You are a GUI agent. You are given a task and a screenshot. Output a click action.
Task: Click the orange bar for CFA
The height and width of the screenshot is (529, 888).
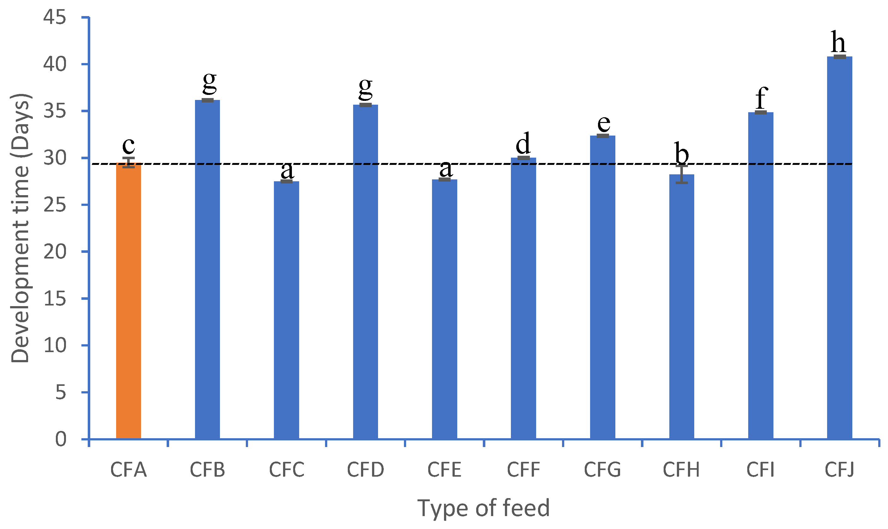(x=128, y=301)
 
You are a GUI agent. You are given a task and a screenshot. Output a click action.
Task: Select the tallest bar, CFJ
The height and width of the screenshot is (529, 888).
(x=839, y=248)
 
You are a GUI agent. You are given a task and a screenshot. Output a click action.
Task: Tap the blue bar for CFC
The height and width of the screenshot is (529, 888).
(x=287, y=310)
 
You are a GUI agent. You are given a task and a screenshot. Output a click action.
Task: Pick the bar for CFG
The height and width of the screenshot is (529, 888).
(x=603, y=287)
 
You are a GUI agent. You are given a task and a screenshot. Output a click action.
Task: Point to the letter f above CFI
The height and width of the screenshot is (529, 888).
(x=761, y=98)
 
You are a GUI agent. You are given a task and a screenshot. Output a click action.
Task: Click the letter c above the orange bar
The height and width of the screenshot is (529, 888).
(x=128, y=145)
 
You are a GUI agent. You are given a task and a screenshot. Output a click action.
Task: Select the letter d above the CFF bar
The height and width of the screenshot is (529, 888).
(x=523, y=144)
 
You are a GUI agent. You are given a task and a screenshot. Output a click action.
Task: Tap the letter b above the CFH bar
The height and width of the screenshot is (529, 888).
(x=681, y=153)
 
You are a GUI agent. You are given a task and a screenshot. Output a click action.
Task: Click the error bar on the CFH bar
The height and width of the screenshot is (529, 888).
(x=681, y=174)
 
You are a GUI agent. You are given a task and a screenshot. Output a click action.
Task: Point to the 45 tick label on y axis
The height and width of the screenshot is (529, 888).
(x=55, y=17)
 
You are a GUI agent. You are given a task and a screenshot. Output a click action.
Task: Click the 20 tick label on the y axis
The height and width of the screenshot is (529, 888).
(x=55, y=252)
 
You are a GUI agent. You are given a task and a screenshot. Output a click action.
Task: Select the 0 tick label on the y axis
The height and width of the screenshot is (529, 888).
(x=61, y=439)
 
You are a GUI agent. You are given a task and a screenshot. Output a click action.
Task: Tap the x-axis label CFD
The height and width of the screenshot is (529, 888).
(x=365, y=470)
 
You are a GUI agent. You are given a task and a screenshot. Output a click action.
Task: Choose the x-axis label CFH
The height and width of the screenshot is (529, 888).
(x=681, y=470)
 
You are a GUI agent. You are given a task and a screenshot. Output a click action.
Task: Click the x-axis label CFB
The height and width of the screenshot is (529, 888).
(x=207, y=470)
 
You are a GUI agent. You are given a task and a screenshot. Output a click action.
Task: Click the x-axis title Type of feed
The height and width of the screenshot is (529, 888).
(x=483, y=508)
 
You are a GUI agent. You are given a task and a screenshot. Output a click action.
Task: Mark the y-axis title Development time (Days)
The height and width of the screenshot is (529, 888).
(x=20, y=228)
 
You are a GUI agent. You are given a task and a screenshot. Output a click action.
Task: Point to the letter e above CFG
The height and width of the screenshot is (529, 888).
(x=604, y=124)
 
